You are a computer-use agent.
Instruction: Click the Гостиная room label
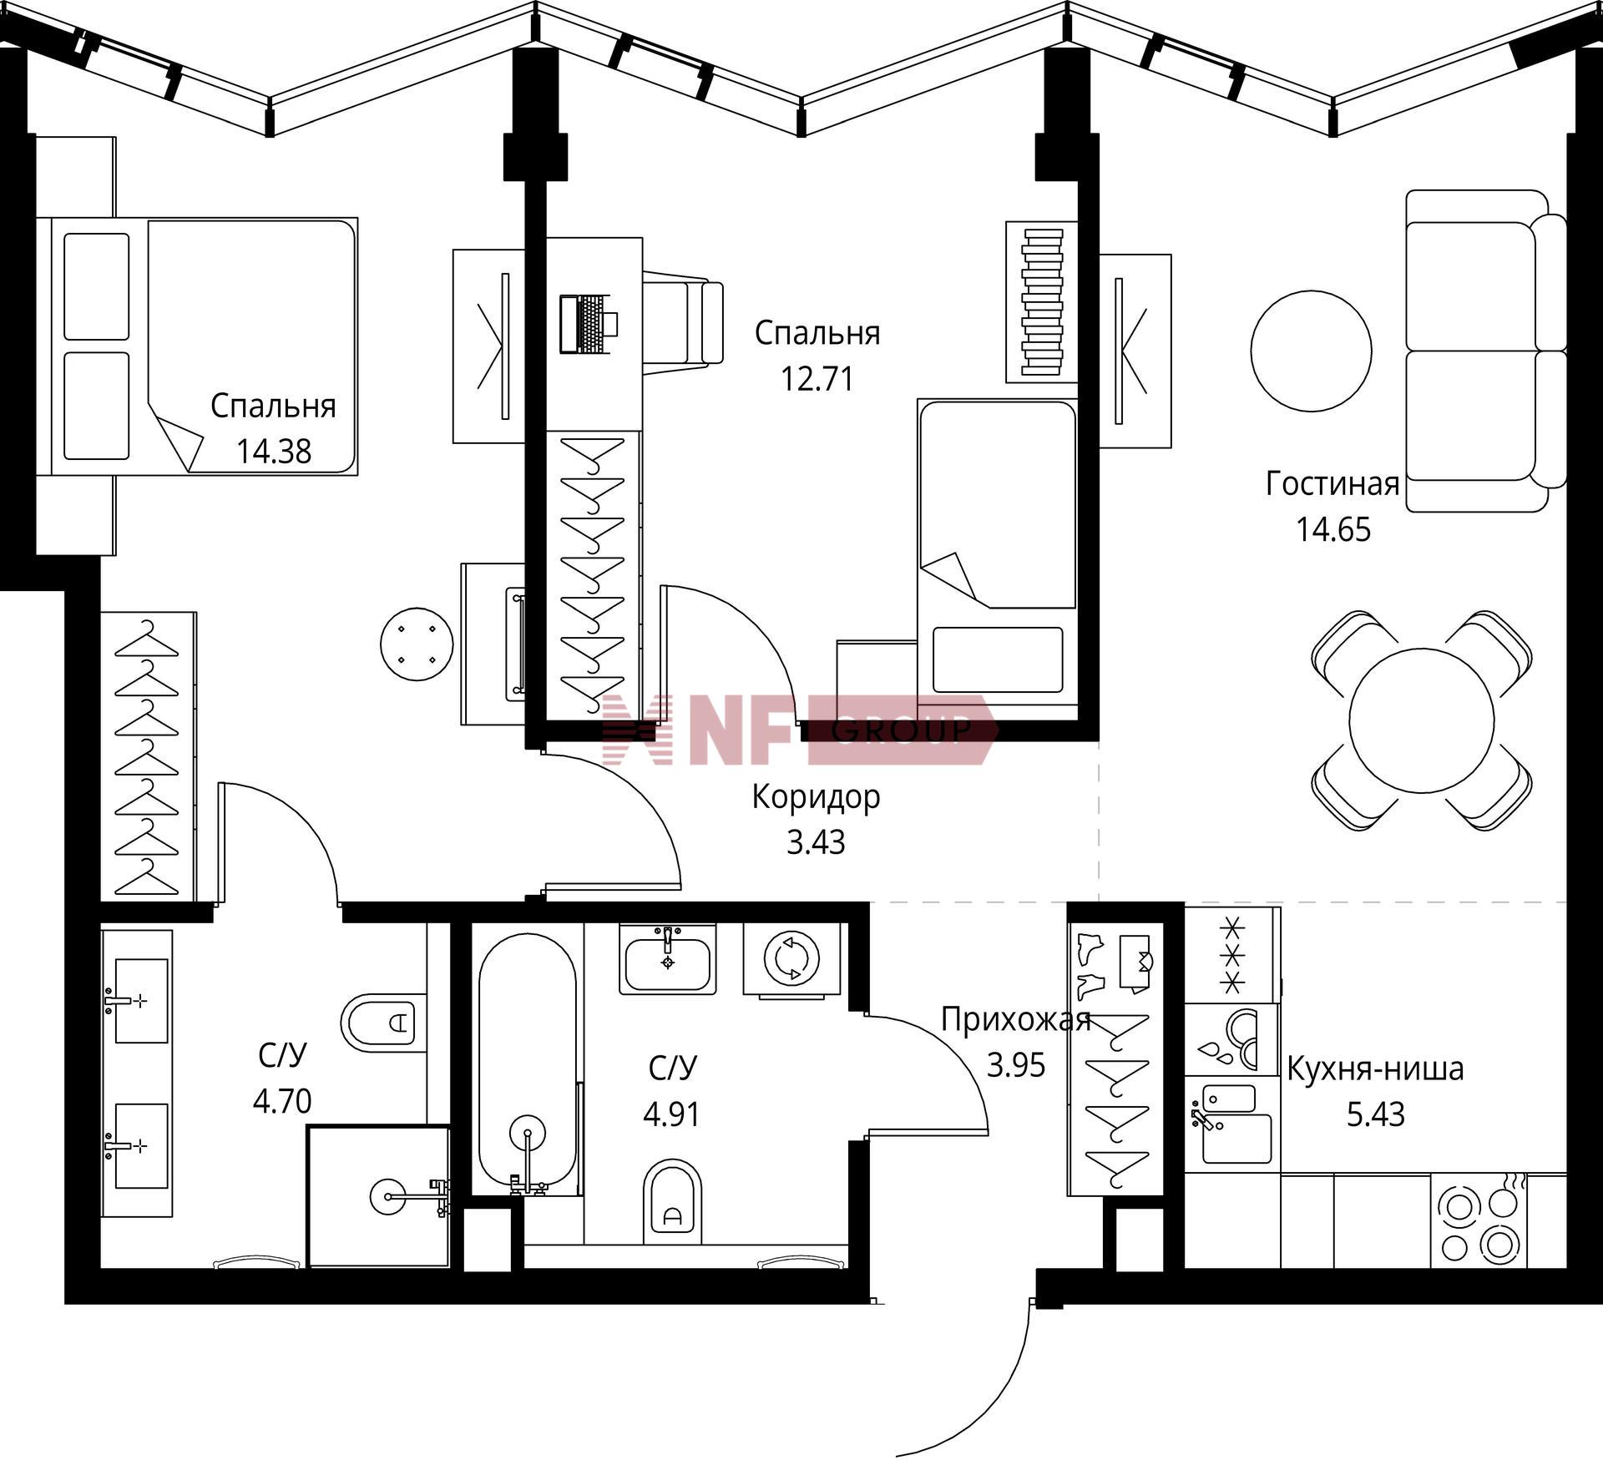tap(1332, 484)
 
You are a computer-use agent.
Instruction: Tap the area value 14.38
tap(273, 452)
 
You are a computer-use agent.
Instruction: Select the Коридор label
tap(816, 796)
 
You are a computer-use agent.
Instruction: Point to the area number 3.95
tap(1016, 1065)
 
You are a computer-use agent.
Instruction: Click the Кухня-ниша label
tap(1375, 1068)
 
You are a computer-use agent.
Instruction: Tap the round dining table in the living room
tap(1422, 721)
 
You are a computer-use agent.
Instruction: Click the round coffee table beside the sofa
tap(1311, 351)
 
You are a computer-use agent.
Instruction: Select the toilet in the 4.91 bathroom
tap(673, 1200)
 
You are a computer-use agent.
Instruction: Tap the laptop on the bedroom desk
tap(589, 324)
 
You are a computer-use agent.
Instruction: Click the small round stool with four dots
tap(417, 644)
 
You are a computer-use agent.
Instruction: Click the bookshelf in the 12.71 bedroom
tap(1042, 302)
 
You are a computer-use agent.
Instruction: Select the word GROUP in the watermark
tap(902, 730)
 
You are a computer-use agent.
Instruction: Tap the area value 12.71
tap(817, 380)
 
